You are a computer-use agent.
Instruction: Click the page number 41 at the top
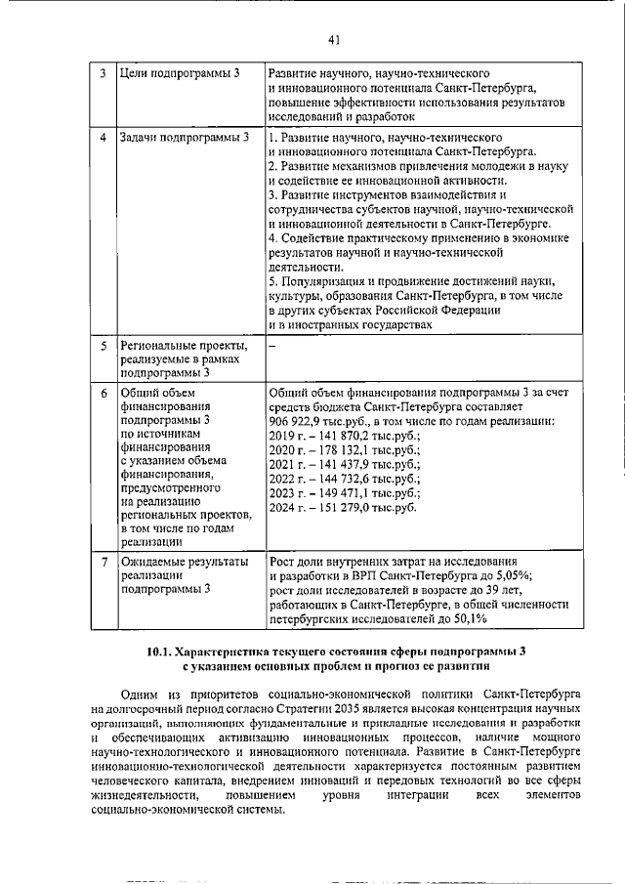[334, 40]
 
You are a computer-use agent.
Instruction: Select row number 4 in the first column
[104, 136]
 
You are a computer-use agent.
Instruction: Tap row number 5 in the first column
[104, 346]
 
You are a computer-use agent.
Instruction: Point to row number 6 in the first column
[104, 393]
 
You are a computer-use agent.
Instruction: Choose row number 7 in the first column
[104, 562]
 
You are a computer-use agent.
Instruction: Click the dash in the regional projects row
[272, 346]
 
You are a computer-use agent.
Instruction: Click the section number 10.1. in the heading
[160, 651]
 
